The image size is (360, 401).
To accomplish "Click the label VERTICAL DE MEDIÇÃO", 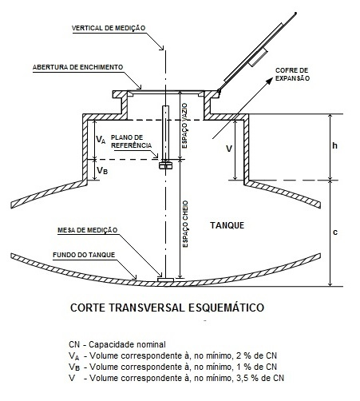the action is coord(109,28).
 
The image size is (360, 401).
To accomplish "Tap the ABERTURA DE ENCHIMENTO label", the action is coord(77,67).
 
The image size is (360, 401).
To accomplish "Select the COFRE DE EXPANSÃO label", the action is coord(292,74).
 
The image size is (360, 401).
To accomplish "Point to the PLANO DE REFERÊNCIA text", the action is coord(131,141).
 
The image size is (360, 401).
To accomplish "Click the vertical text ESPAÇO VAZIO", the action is coord(185,125).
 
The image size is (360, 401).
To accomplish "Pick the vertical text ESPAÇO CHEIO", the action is coord(185,224).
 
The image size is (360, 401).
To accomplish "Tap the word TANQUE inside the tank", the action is coord(227,225).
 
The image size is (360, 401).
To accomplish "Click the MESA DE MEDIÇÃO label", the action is coord(87,230).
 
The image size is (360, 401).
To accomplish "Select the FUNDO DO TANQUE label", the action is coord(84,255).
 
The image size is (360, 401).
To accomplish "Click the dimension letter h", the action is coord(335,145).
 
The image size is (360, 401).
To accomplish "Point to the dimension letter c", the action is coord(335,232).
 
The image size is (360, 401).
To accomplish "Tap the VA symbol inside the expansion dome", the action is coord(101,139).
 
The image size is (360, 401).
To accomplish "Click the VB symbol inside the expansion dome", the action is coord(102,170).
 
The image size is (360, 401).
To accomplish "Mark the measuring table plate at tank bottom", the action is coord(165,280).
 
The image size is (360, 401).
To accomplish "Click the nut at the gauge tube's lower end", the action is coord(165,165).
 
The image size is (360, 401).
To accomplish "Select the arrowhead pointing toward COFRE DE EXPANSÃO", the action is coord(269,81).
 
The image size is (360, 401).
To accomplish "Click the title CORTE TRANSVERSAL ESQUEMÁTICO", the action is coord(167,308).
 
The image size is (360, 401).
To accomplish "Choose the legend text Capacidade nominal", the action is coord(127,344).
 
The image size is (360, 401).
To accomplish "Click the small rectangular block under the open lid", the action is coord(258,58).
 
